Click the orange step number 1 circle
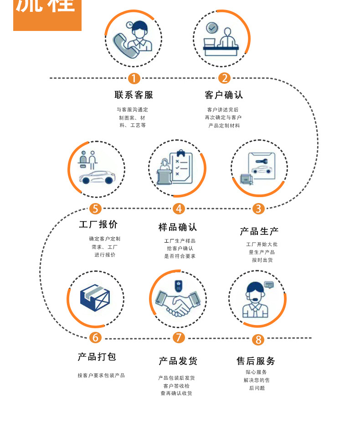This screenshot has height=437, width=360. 134,78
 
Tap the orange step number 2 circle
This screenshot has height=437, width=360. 224,78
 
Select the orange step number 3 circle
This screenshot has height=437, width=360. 258,208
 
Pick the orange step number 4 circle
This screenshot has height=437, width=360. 179,208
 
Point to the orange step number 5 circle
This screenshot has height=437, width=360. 95,208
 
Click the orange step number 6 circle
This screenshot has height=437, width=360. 95,338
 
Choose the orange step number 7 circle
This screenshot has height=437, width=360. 179,338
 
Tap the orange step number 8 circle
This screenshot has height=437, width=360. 258,340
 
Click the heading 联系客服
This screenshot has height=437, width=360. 134,95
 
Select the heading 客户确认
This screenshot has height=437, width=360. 224,95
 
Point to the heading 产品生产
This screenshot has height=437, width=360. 259,231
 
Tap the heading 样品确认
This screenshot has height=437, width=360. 178,227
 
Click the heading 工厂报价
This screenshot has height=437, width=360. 98,224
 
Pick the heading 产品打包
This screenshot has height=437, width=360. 97,357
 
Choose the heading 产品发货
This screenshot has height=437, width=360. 178,361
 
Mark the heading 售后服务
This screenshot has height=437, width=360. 256,361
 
